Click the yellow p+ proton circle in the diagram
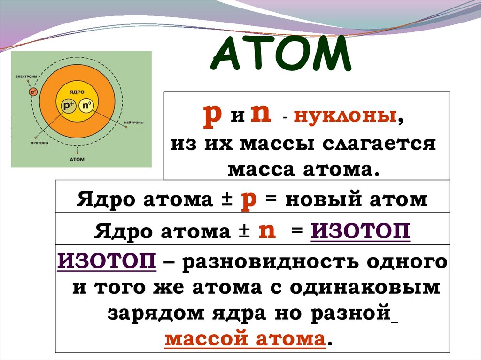pos(69,107)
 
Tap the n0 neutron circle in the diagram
pos(86,107)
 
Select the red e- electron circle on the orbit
pos(33,92)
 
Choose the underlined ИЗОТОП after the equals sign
pos(360,232)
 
